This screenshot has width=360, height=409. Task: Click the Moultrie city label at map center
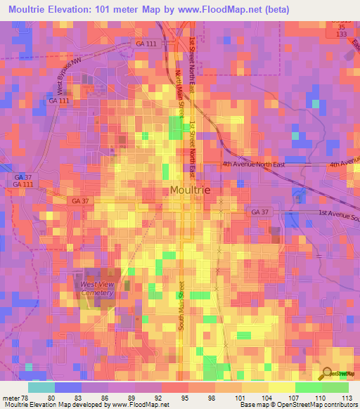pyautogui.click(x=190, y=190)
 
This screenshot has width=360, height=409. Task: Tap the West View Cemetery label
pyautogui.click(x=96, y=288)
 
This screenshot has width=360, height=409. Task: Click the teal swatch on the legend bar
pyautogui.click(x=41, y=387)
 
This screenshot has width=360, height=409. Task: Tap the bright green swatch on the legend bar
pyautogui.click(x=308, y=387)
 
